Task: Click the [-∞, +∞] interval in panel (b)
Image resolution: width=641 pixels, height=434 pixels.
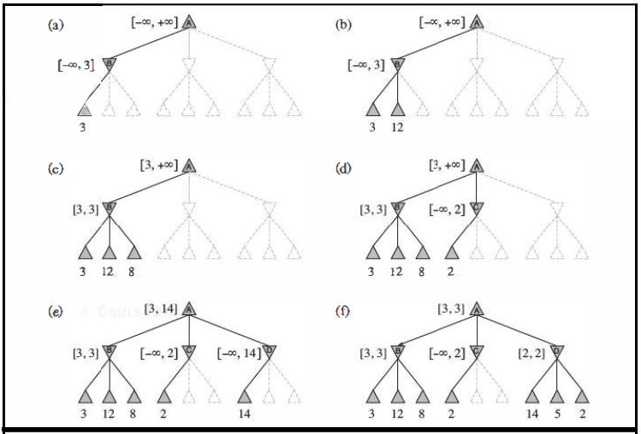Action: click(x=442, y=23)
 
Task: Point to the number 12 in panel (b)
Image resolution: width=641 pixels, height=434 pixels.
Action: click(x=398, y=127)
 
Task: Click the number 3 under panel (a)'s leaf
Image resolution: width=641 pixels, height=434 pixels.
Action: click(x=83, y=127)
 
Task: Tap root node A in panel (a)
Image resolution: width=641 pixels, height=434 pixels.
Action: click(x=189, y=21)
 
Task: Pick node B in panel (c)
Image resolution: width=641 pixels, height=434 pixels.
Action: click(x=109, y=206)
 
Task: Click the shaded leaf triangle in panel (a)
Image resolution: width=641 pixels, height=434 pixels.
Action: click(x=83, y=109)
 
